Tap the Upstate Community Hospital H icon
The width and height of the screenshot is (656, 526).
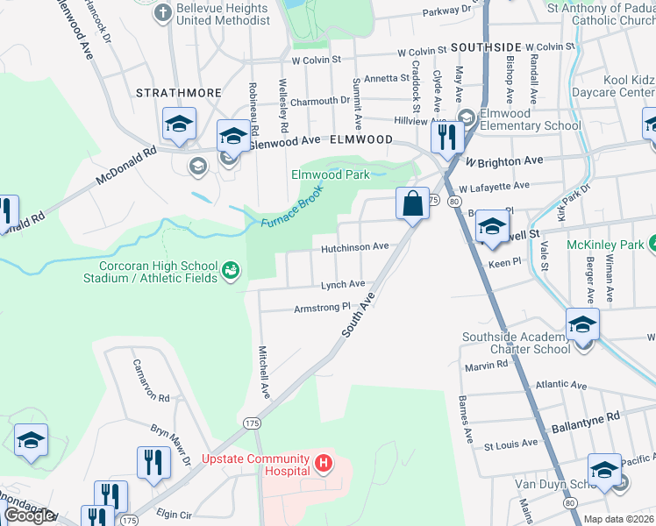[324, 461]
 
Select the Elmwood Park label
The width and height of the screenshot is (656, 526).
[331, 174]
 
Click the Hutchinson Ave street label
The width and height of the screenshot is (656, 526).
[354, 247]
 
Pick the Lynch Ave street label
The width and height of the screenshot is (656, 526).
[342, 284]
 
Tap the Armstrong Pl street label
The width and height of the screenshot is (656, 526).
[322, 308]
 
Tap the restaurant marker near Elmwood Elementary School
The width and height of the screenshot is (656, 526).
[447, 137]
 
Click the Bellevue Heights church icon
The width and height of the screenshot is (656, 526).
[161, 13]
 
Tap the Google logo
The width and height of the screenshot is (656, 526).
[29, 515]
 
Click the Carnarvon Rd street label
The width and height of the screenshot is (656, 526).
[150, 380]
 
